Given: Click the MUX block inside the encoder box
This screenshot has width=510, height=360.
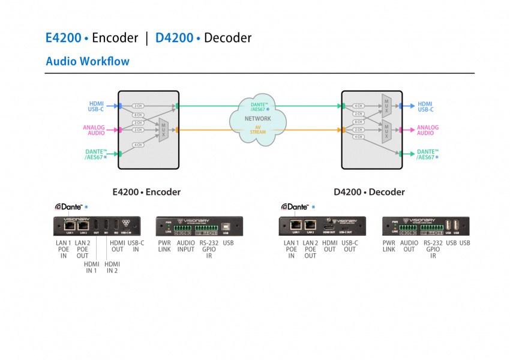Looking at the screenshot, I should tap(163, 130).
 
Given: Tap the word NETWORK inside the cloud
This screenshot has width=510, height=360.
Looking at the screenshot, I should tap(258, 119).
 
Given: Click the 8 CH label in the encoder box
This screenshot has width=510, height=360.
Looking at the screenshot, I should tap(137, 115).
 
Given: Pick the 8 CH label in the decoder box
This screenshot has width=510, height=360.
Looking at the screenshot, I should tap(359, 122).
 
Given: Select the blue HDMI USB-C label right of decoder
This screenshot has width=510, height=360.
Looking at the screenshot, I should tap(425, 107).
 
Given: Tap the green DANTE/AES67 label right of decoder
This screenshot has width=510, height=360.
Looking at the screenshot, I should tap(427, 154).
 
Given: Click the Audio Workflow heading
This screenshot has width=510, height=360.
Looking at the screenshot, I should tap(88, 61).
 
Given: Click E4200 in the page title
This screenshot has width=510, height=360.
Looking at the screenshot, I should tap(63, 38).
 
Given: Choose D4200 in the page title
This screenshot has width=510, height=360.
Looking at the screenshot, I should tap(174, 38).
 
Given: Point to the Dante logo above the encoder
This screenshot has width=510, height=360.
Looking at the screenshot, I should tap(69, 206).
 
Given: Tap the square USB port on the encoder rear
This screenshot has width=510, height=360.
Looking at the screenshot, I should tap(229, 227).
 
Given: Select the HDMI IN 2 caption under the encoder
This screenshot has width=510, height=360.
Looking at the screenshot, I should tap(112, 268).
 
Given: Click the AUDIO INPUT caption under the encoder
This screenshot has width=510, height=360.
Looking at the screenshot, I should tap(185, 246).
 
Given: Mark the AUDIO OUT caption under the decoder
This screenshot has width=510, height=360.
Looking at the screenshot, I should tap(409, 246).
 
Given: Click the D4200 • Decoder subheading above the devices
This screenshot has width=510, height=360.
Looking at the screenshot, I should tap(369, 193).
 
